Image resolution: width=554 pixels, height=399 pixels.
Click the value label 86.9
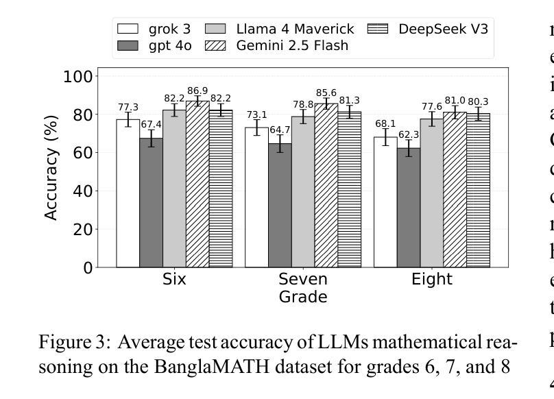click(197, 91)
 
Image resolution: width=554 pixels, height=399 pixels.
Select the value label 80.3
click(479, 102)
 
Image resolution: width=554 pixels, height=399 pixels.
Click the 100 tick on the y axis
click(77, 76)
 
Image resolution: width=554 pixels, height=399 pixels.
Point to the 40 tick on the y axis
click(82, 191)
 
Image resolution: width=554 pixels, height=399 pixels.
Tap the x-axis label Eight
click(431, 280)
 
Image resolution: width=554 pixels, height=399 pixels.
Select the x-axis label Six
click(174, 280)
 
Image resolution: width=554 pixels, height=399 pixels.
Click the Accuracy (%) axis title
click(51, 167)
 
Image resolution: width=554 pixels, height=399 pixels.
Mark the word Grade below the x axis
click(302, 297)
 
